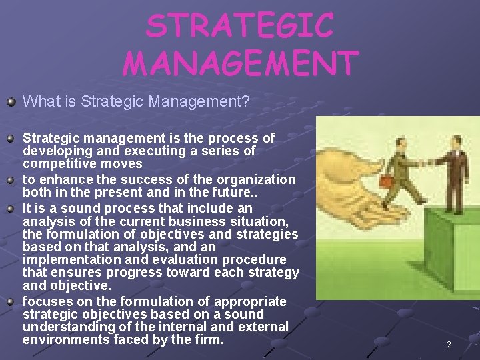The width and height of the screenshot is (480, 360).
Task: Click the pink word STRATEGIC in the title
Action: coord(240,27)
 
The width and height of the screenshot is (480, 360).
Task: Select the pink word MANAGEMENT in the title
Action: coord(240,63)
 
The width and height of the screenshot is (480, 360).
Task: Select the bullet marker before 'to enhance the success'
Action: coord(11,179)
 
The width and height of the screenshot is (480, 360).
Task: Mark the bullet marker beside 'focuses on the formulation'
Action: coord(11,301)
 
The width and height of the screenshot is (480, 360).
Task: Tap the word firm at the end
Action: coord(210,339)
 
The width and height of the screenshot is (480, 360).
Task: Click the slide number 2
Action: coord(449,345)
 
